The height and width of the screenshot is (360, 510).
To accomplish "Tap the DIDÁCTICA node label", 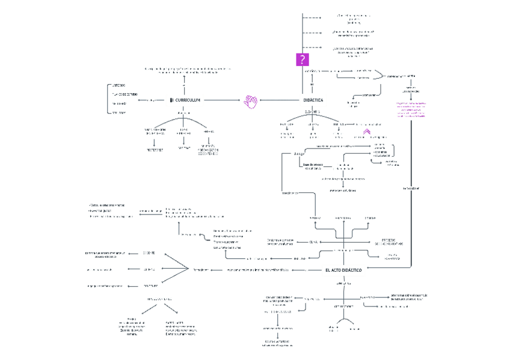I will click(312, 100).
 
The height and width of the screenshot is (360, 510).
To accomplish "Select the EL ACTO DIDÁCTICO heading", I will click(343, 270).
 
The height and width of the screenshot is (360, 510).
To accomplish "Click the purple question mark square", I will click(302, 59).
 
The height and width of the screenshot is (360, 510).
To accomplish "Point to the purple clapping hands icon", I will click(251, 100).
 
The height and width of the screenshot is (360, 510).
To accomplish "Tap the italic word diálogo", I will click(300, 154).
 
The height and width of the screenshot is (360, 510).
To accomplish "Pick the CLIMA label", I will click(313, 242).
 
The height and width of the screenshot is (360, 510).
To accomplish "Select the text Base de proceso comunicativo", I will click(313, 166).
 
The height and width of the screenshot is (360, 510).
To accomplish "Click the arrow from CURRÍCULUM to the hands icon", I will click(223, 100).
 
